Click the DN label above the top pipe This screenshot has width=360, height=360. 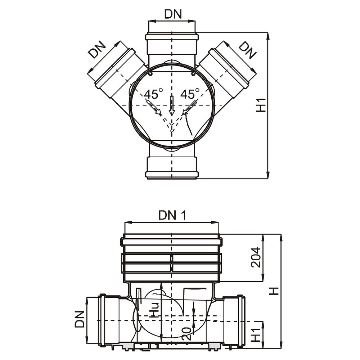173,14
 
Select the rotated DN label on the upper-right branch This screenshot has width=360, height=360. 248,50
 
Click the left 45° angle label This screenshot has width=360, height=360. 152,94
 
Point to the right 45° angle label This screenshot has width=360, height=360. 190,94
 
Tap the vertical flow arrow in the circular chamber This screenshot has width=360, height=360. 172,105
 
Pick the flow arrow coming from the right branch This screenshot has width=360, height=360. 190,108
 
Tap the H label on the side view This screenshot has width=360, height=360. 275,291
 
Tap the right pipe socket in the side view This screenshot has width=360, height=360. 234,320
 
